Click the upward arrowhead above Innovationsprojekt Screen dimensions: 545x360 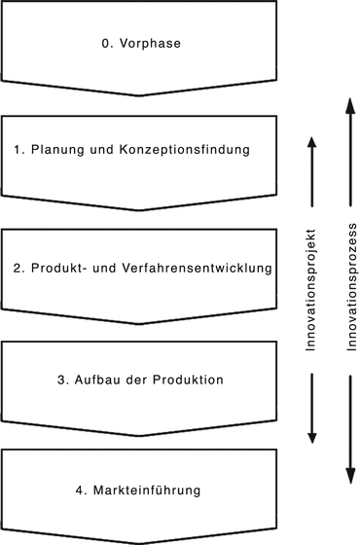coord(311,142)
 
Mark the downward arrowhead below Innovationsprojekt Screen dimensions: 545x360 coord(311,438)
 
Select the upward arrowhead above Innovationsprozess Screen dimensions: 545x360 coord(347,101)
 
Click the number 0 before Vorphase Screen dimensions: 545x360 coord(106,43)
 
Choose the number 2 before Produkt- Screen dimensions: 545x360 coord(18,267)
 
